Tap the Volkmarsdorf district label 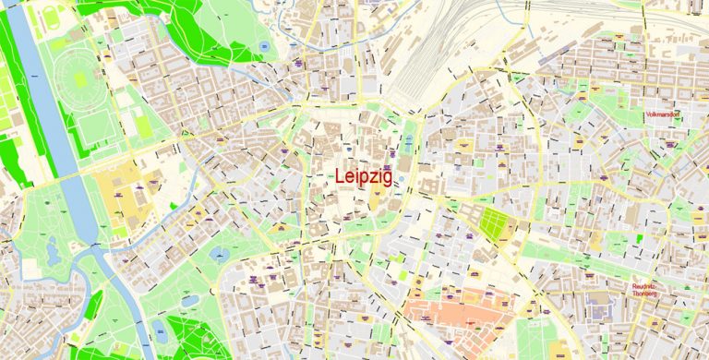[x=662, y=115]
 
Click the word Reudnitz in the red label [x=643, y=287]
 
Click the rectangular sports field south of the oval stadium [x=91, y=128]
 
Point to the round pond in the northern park [x=264, y=44]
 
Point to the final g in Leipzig [x=386, y=178]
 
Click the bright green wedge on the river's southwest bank [x=93, y=304]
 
